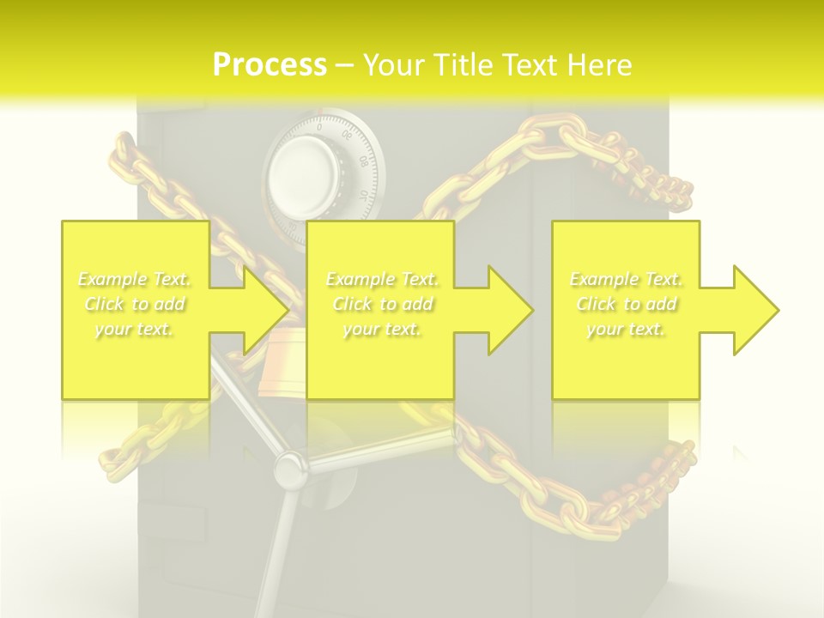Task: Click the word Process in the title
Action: (270, 65)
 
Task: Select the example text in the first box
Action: (135, 304)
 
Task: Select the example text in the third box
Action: (626, 304)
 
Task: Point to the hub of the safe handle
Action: (288, 468)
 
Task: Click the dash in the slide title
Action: (344, 66)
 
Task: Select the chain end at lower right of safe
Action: (678, 463)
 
